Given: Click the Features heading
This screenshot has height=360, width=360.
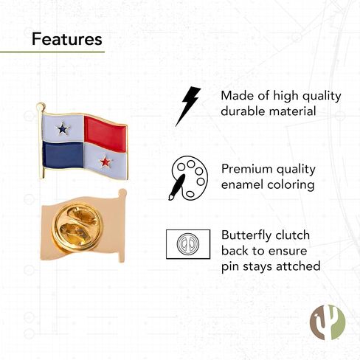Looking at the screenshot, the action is [x=67, y=39].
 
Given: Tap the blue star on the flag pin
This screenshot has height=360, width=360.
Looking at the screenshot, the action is [x=63, y=128].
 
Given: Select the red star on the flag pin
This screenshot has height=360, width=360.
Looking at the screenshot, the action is [x=105, y=162].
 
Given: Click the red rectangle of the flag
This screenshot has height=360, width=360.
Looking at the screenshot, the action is [x=105, y=134].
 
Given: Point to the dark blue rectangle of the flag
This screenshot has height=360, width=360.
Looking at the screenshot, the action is [x=63, y=155].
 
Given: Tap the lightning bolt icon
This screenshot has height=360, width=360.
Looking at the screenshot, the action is [x=188, y=106].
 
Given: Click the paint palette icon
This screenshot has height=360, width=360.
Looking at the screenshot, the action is [x=188, y=178].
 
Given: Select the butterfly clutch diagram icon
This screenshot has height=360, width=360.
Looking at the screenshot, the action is [x=188, y=244].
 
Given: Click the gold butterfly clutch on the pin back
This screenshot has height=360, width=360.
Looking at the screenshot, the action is [x=77, y=227].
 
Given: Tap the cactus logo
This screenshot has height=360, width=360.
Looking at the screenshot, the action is [x=328, y=322].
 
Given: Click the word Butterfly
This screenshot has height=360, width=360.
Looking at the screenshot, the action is [x=246, y=235].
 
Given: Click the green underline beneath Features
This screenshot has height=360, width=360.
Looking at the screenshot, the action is [x=52, y=52].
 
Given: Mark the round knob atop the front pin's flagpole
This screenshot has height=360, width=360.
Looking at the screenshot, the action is [x=41, y=106].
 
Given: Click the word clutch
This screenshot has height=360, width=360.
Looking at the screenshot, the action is [x=293, y=235].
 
